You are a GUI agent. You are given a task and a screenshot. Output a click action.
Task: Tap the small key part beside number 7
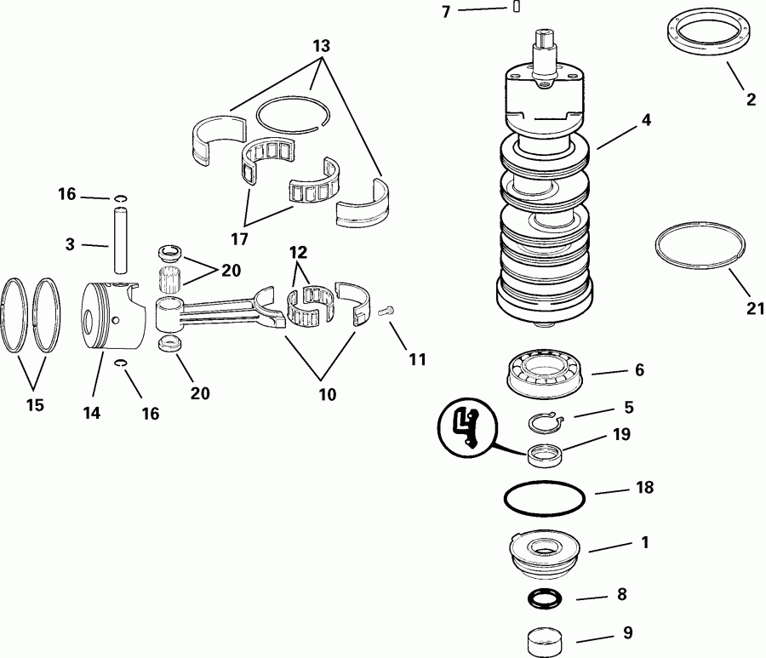(x=516, y=8)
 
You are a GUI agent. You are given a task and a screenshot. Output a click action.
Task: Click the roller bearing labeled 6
(x=544, y=373)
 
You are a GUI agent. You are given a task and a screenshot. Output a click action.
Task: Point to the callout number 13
(x=320, y=44)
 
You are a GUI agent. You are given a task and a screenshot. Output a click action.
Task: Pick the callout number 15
(x=34, y=405)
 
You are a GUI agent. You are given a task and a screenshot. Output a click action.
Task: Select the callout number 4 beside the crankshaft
(x=646, y=120)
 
